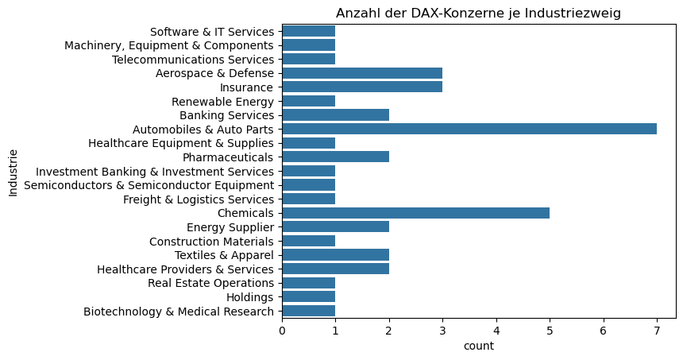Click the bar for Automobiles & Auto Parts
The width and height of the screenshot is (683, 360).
click(469, 129)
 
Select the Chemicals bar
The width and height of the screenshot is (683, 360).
click(415, 213)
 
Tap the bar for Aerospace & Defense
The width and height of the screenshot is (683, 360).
click(361, 73)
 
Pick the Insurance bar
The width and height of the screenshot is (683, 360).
click(361, 87)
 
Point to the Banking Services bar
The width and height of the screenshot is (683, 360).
click(335, 114)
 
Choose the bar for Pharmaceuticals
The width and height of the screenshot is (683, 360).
click(335, 157)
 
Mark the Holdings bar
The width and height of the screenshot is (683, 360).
click(308, 296)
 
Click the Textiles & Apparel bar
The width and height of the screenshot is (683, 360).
click(335, 254)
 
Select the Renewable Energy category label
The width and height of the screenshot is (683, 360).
click(222, 101)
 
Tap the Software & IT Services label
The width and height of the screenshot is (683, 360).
click(211, 31)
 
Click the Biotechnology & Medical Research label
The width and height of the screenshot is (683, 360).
click(179, 311)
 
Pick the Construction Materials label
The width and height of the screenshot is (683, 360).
click(211, 241)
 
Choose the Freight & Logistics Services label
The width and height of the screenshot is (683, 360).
click(199, 199)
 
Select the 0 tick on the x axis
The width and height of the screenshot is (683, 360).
click(282, 330)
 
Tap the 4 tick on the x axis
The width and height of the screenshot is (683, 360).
click(496, 330)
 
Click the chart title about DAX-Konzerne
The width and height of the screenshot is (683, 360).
click(478, 13)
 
